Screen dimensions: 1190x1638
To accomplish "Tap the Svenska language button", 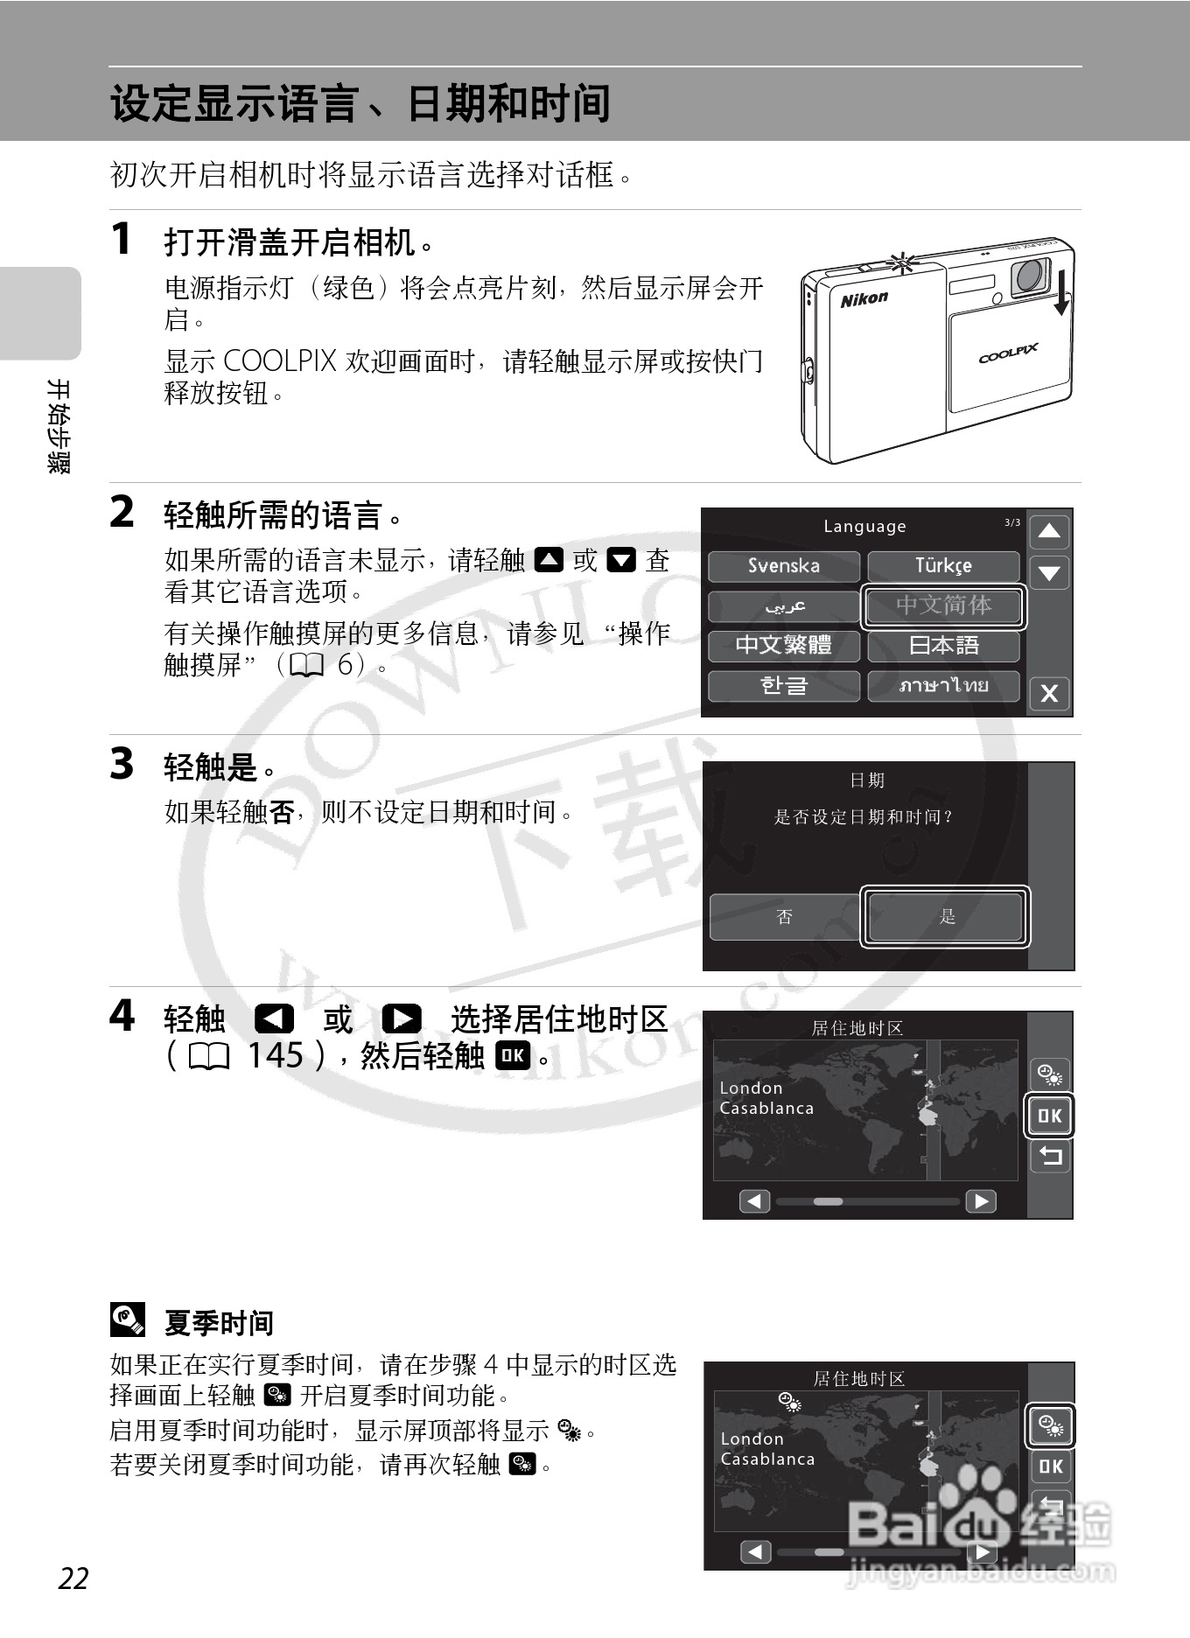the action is click(784, 566).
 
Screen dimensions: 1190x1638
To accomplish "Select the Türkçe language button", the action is click(943, 566).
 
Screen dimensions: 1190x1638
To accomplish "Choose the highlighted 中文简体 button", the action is click(943, 605).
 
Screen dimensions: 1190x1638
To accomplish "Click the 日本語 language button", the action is click(943, 646).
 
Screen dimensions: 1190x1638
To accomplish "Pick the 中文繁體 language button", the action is click(784, 646).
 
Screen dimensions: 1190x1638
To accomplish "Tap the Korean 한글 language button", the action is click(784, 685).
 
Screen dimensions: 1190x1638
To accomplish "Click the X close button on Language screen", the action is click(1049, 694).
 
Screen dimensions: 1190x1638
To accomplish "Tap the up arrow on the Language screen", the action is click(1049, 531).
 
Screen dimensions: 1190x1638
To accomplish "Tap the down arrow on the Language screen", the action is click(1049, 573).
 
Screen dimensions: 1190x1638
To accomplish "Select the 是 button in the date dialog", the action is click(945, 917).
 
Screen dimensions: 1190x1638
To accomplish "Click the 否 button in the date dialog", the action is click(785, 917).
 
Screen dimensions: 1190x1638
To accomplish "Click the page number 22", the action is click(73, 1578).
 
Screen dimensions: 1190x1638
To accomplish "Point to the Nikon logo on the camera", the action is click(864, 299).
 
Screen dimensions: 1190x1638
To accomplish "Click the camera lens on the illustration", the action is click(1031, 276).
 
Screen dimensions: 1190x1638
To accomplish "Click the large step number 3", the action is click(122, 763).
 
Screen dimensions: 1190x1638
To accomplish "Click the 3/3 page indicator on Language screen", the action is click(1012, 522).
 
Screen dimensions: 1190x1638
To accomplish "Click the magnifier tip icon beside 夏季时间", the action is click(128, 1320).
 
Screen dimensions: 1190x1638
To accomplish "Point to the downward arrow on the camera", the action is click(1062, 292).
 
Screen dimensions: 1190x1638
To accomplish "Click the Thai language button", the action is click(943, 685).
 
